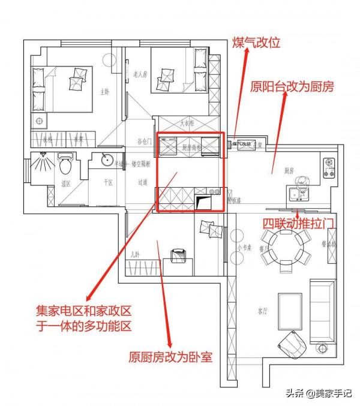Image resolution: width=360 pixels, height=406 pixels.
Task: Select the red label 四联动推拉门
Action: click(x=298, y=223)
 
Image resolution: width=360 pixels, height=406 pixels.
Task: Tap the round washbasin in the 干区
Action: click(x=106, y=160)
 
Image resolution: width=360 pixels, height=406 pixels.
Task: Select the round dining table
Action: click(x=287, y=245)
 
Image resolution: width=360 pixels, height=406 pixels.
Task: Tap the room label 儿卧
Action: click(x=135, y=255)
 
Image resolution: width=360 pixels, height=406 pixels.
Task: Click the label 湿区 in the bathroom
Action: click(x=66, y=184)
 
